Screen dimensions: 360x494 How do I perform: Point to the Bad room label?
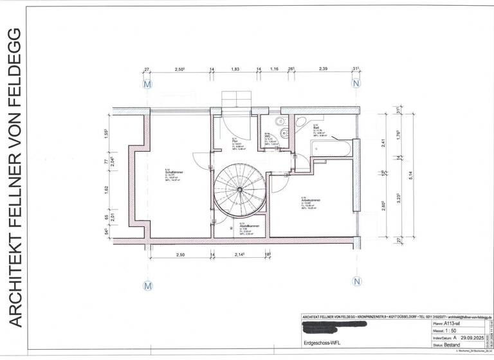(x=316, y=127)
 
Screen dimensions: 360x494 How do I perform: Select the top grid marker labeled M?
(x=147, y=84)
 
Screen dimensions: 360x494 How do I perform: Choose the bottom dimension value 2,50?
(x=179, y=256)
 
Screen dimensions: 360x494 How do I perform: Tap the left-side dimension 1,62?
(x=106, y=190)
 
